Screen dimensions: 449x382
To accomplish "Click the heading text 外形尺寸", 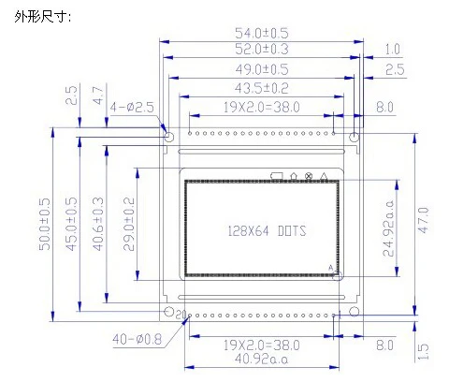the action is coord(43,16).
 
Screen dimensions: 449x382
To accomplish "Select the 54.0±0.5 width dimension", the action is coord(262,33).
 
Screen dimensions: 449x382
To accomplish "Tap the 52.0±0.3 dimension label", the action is coord(262,49).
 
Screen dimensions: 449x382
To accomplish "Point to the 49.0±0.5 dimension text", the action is coord(262,69).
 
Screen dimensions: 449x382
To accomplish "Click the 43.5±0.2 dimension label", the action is coord(262,88).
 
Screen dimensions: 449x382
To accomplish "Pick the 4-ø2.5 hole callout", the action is coord(132,108).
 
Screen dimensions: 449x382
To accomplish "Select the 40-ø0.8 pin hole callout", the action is coord(138,339).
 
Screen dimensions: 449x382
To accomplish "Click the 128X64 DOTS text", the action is coord(267,231).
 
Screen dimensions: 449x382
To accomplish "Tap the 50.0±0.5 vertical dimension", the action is coord(44,224).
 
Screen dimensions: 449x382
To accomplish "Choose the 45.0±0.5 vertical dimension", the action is coord(71,224).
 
